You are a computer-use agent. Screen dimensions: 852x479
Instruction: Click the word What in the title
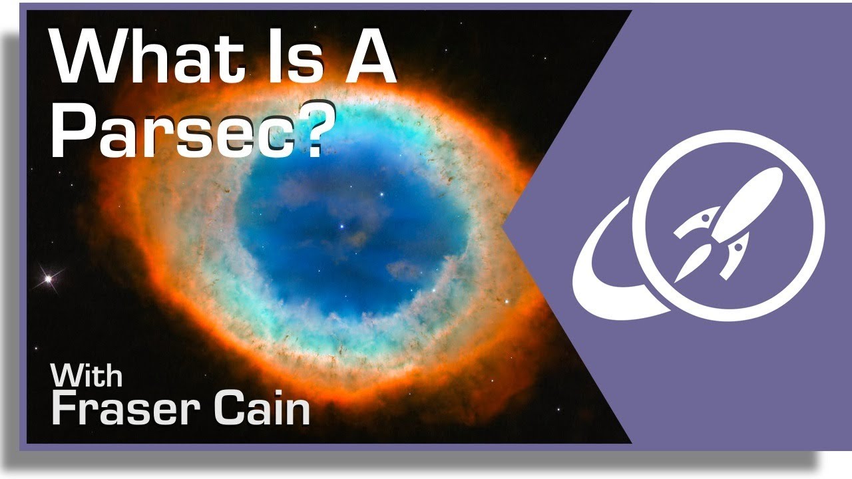tap(147, 56)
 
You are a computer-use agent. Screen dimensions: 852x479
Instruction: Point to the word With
tap(87, 375)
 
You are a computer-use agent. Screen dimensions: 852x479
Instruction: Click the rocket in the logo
tap(728, 225)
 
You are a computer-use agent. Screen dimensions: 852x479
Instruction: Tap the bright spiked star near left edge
tap(49, 279)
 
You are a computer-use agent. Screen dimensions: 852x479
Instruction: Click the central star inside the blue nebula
tap(341, 227)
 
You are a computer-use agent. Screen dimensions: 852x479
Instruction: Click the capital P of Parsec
tap(73, 128)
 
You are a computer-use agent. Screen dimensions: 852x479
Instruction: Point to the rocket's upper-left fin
tap(697, 222)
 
